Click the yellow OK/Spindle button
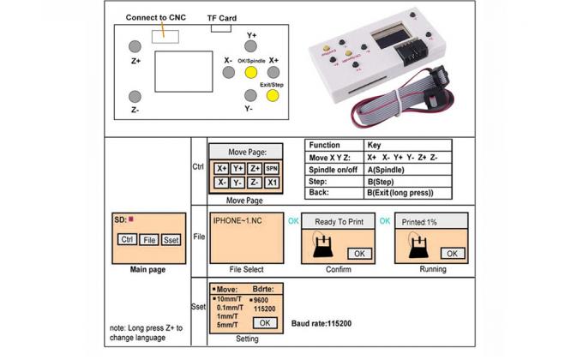(251, 74)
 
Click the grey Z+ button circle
(135, 46)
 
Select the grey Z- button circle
(135, 96)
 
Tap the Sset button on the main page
(171, 240)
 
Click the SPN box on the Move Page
(272, 169)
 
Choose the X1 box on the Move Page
(272, 183)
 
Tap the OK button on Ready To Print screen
(359, 253)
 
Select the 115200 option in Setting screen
(266, 308)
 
